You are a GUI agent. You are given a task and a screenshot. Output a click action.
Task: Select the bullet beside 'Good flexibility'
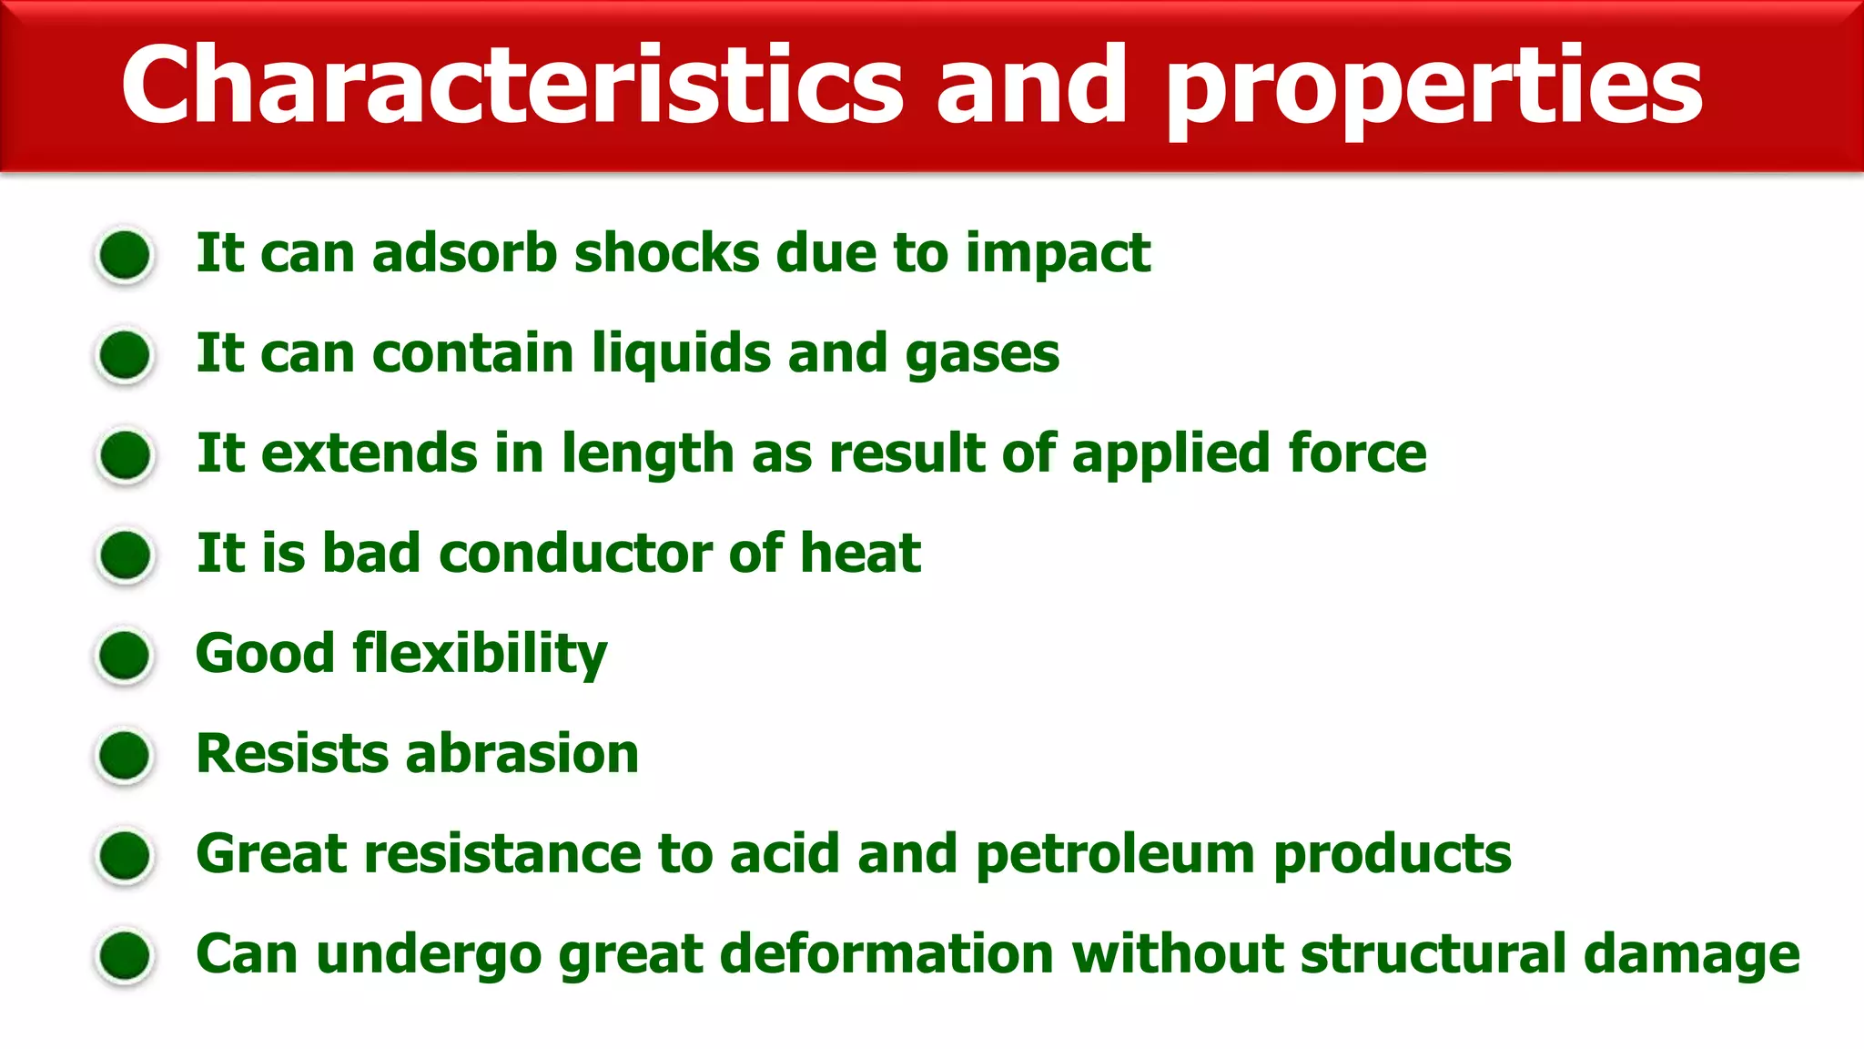click(125, 655)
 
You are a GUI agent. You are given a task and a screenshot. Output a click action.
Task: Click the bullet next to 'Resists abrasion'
click(125, 755)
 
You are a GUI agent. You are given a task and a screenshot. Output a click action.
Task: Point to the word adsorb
click(464, 252)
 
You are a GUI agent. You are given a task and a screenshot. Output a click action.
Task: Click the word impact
click(1058, 254)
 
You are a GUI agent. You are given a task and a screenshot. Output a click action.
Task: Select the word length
click(647, 454)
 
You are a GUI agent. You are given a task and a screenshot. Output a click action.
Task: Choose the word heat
click(860, 553)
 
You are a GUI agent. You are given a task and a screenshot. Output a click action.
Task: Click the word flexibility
click(480, 655)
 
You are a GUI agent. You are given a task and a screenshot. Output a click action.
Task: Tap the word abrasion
click(522, 754)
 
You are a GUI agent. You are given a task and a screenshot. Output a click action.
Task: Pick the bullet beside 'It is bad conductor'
click(125, 555)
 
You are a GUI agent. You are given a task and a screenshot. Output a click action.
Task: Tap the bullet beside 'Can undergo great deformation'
click(125, 956)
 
